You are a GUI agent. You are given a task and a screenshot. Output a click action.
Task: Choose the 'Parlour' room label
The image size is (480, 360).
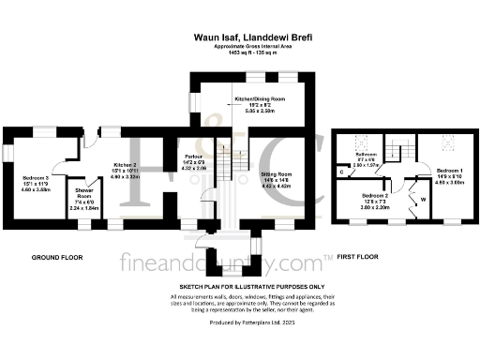click(193, 156)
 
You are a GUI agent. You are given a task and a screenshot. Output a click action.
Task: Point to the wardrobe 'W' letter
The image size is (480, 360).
click(423, 198)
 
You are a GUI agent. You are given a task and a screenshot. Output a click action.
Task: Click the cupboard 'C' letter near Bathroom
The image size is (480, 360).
click(341, 172)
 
